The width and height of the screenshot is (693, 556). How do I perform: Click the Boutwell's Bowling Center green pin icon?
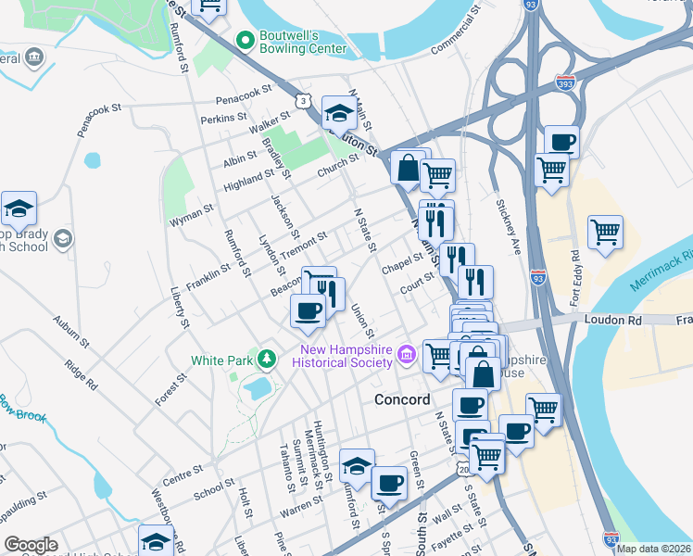(x=246, y=39)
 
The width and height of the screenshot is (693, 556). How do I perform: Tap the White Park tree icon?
(x=267, y=360)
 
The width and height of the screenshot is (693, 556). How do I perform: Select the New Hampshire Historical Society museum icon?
(x=406, y=354)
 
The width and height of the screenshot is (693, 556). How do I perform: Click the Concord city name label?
(x=403, y=399)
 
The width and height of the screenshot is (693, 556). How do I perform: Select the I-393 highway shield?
(x=564, y=82)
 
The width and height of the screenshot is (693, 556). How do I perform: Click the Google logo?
(x=31, y=545)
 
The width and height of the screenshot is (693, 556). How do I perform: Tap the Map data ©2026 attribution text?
(x=654, y=549)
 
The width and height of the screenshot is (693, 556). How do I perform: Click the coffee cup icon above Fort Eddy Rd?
(x=561, y=142)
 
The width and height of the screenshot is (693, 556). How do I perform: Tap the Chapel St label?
(x=401, y=265)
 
